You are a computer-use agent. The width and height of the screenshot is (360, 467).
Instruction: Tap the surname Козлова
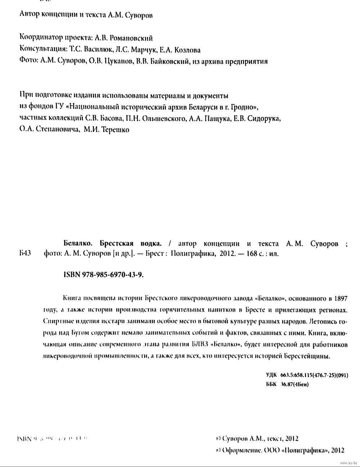click(x=188, y=50)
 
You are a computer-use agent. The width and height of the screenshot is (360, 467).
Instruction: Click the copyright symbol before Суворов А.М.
click(x=217, y=439)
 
